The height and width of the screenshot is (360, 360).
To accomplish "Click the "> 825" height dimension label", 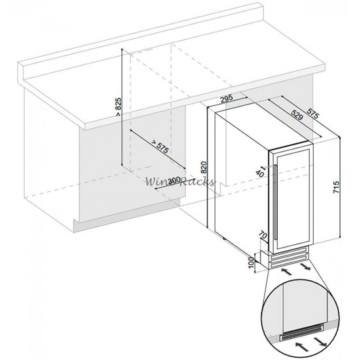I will tap(118, 108).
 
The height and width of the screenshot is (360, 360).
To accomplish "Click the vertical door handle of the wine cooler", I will tap(274, 202).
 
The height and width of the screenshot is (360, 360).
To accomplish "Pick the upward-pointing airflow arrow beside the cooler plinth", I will tap(285, 271).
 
